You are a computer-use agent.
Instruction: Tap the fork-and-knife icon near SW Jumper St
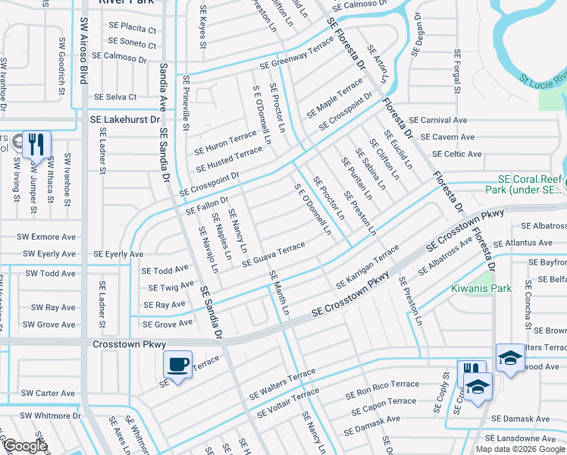point(36,144)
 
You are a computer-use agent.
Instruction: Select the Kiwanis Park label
point(481,288)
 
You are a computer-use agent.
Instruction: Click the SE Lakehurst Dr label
point(126,120)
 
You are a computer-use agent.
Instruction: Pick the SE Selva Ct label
point(114,97)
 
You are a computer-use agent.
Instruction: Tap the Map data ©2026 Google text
point(520,449)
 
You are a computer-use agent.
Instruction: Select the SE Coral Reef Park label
point(526,184)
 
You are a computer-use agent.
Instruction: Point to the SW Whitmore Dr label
point(50,416)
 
